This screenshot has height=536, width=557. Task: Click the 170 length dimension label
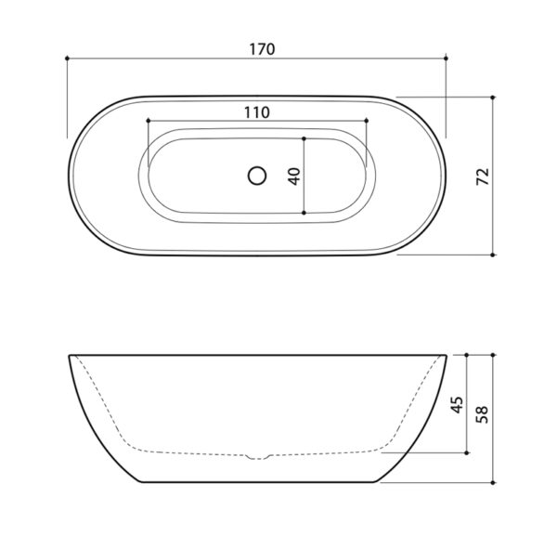click(262, 49)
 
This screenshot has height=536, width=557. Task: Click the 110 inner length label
click(257, 112)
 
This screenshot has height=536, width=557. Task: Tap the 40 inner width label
click(294, 176)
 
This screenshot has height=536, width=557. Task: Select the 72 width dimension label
click(483, 176)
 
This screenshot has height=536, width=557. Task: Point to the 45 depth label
click(457, 404)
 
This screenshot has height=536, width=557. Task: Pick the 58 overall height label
click(482, 414)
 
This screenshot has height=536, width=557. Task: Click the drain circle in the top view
click(257, 176)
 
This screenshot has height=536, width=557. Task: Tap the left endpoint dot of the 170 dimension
click(67, 58)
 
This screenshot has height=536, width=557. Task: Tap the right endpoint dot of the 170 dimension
click(447, 58)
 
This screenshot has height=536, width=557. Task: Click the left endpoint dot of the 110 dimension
click(149, 121)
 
